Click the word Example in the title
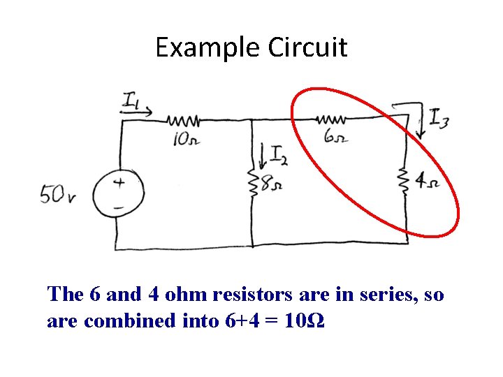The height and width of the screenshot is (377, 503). pos(207,48)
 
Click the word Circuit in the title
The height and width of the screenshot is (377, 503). pos(307,47)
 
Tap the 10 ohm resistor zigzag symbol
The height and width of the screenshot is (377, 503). pos(183,121)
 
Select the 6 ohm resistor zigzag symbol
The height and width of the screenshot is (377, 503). pos(331,120)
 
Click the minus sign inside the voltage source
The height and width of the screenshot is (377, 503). pos(118,208)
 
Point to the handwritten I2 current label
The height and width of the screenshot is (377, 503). pos(279,156)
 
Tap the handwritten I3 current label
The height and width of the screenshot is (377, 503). pos(439,119)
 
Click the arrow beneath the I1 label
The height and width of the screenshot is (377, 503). pos(136,112)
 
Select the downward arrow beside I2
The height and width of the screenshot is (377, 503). pos(263,156)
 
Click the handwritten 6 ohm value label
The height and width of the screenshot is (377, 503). pos(336,137)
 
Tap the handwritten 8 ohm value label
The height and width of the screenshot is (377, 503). pos(271,184)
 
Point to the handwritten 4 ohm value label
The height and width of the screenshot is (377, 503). pos(427,182)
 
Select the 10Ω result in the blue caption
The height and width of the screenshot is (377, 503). pos(305,320)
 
